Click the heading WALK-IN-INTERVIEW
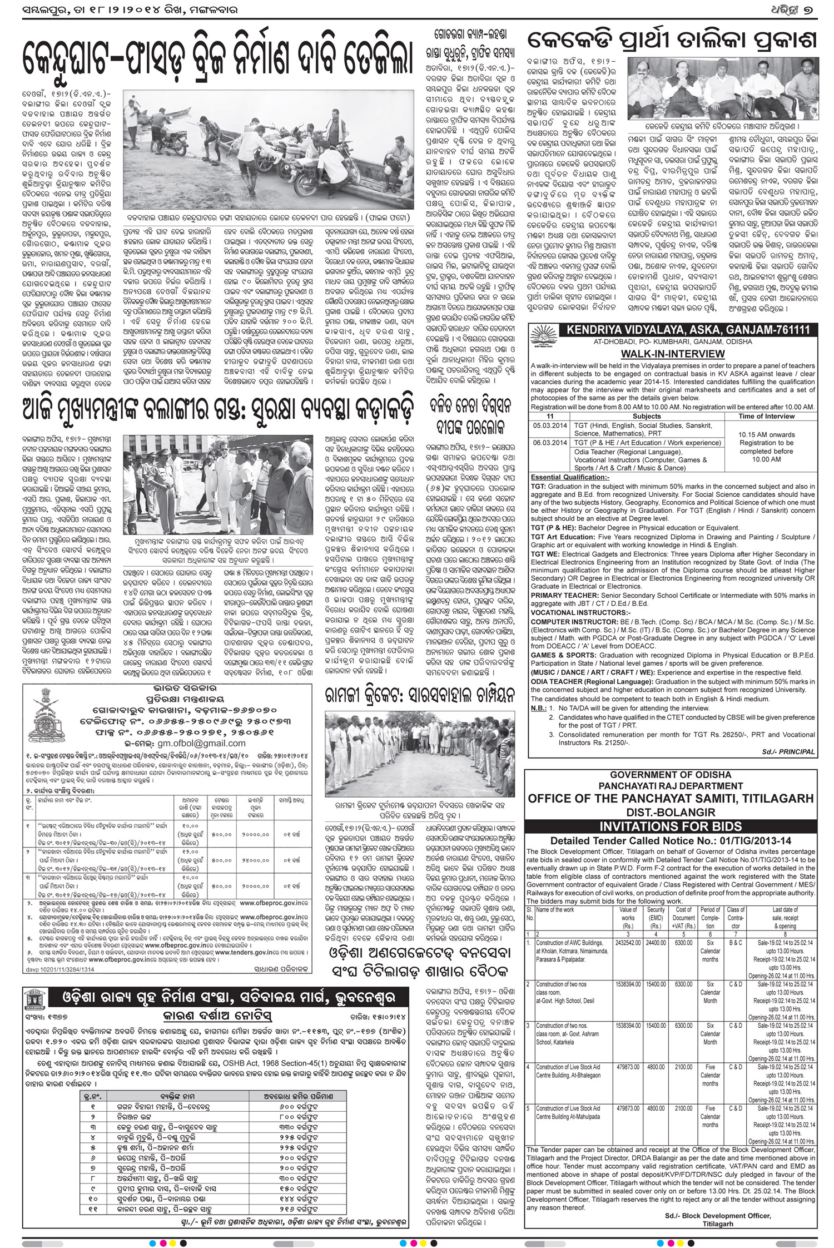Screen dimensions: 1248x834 click(x=673, y=354)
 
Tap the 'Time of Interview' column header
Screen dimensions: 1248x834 click(x=766, y=416)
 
